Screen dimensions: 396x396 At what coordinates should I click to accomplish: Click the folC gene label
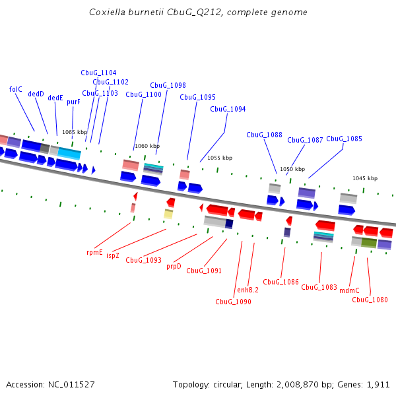point(16,89)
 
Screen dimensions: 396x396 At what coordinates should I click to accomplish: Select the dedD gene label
point(36,94)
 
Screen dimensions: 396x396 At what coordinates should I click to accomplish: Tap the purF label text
point(73,102)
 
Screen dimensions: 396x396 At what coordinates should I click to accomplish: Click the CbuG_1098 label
point(168,85)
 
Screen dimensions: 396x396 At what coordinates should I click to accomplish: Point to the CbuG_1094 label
point(228,109)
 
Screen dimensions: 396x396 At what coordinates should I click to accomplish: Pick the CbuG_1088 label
point(264,135)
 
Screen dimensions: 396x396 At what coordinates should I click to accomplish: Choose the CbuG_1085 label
point(344,139)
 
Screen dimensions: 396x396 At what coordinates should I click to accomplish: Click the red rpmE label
point(94,252)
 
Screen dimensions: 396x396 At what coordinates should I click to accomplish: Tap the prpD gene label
point(174,266)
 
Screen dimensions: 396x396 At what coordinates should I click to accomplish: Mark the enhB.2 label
point(247,290)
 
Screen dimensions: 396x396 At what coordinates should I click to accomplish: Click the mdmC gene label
point(349,290)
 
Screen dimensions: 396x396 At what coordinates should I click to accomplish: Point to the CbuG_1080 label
point(370,300)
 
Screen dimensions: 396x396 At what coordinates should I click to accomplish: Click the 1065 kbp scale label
point(75,132)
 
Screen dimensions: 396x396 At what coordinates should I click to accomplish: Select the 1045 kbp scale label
point(364,178)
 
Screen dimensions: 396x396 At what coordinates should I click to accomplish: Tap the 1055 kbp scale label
point(220,158)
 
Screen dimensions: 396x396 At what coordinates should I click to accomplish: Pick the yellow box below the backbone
point(168,214)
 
